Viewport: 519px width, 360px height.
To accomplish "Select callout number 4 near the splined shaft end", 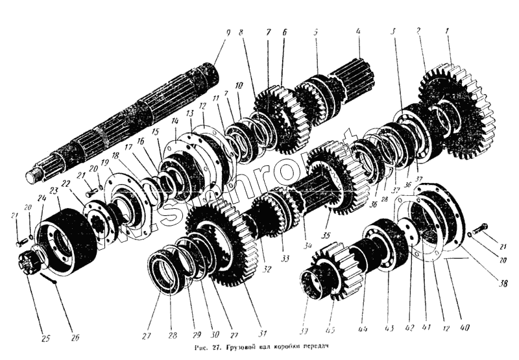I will pos(357,31).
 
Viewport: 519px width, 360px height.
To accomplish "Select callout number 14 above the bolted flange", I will pos(174,121).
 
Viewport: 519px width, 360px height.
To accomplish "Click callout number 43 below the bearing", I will pos(388,328).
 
